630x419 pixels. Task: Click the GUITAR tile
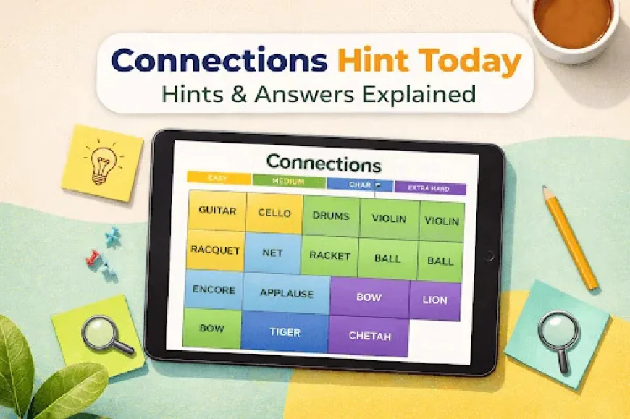tap(217, 211)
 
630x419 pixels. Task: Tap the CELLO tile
tap(274, 213)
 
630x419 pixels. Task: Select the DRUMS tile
tap(331, 216)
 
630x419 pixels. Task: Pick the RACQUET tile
tap(215, 250)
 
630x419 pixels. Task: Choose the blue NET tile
tap(272, 253)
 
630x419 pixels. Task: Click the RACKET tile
tap(329, 255)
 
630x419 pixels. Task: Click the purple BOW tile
tap(369, 297)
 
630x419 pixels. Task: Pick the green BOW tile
tap(211, 328)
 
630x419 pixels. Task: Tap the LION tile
tap(434, 300)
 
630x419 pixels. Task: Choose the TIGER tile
tap(285, 332)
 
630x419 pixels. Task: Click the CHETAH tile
tap(369, 336)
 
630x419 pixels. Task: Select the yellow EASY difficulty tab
tap(218, 177)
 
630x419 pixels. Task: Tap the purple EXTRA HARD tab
tap(430, 189)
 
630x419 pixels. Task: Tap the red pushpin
tap(95, 255)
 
